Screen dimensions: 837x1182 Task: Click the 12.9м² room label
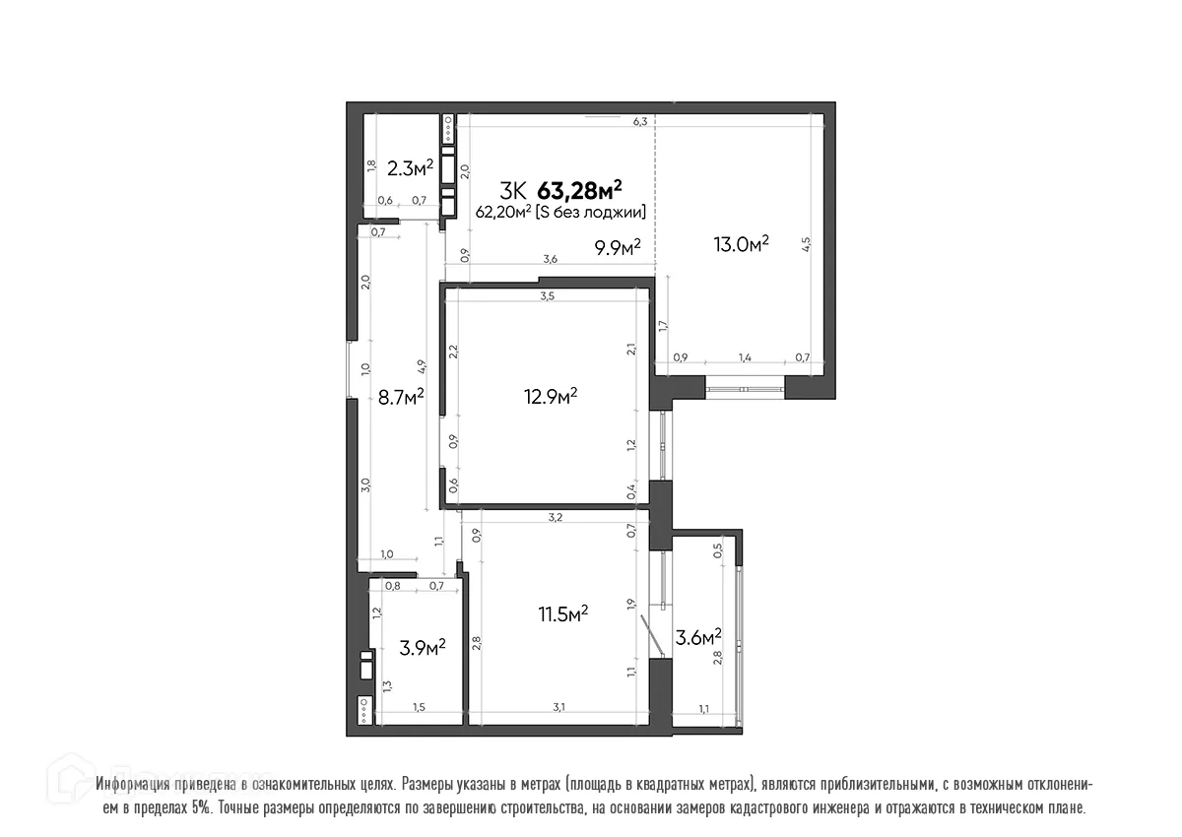pyautogui.click(x=550, y=396)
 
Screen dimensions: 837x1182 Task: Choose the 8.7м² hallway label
pyautogui.click(x=401, y=396)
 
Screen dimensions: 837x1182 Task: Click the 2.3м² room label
pyautogui.click(x=410, y=168)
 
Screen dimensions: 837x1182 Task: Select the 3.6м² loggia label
pyautogui.click(x=696, y=637)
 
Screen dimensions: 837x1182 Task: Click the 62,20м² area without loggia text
pyautogui.click(x=560, y=211)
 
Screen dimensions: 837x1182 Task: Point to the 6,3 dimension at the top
pyautogui.click(x=639, y=122)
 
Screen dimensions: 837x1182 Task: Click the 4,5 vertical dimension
pyautogui.click(x=806, y=243)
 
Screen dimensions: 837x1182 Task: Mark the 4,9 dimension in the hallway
pyautogui.click(x=421, y=366)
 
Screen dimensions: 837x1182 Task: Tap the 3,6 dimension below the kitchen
pyautogui.click(x=551, y=259)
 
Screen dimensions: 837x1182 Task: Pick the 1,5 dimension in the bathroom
pyautogui.click(x=419, y=707)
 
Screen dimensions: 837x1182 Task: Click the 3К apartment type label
pyautogui.click(x=513, y=189)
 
